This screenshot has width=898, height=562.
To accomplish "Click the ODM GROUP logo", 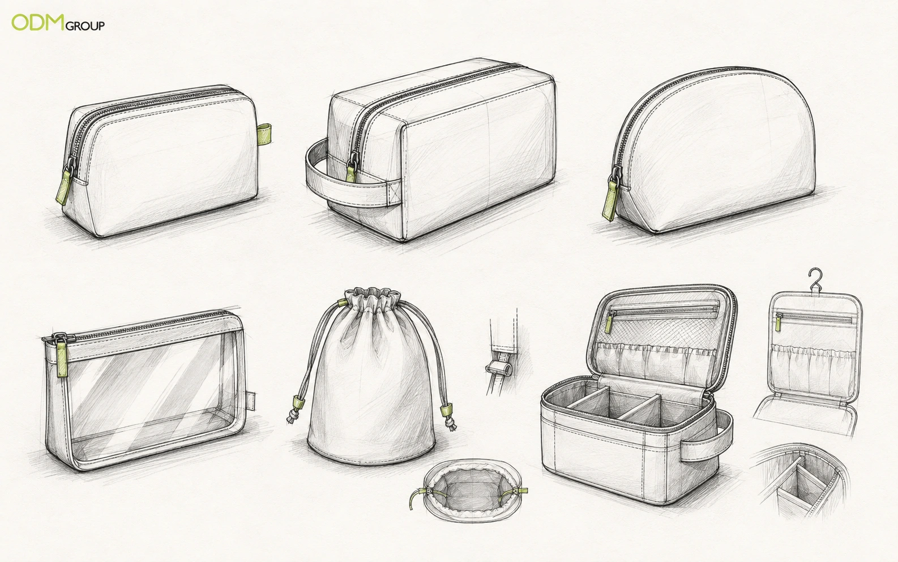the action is pyautogui.click(x=58, y=23).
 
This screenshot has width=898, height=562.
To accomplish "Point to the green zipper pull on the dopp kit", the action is pyautogui.click(x=350, y=173).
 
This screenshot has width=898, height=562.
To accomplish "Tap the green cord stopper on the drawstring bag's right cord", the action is pyautogui.click(x=445, y=411).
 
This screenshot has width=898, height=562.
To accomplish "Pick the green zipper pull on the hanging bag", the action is pyautogui.click(x=779, y=322).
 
